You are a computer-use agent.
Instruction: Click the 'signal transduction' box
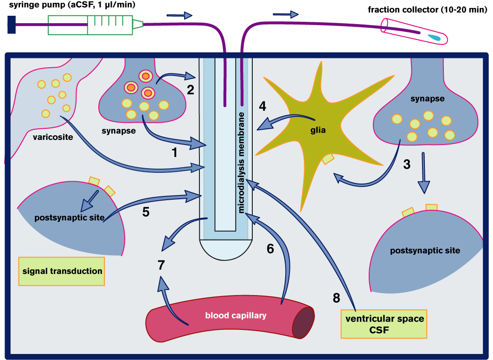pos(62,271)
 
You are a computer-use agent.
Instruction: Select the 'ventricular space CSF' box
pos(384,324)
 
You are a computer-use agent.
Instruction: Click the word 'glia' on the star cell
pos(318,130)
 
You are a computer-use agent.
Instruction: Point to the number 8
pos(337,297)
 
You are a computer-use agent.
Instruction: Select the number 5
pos(146,212)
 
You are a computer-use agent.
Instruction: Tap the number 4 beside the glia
pos(263,106)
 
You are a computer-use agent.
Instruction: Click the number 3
pos(406,164)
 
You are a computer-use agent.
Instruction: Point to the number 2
pos(190,90)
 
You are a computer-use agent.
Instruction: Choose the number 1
pos(174,152)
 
